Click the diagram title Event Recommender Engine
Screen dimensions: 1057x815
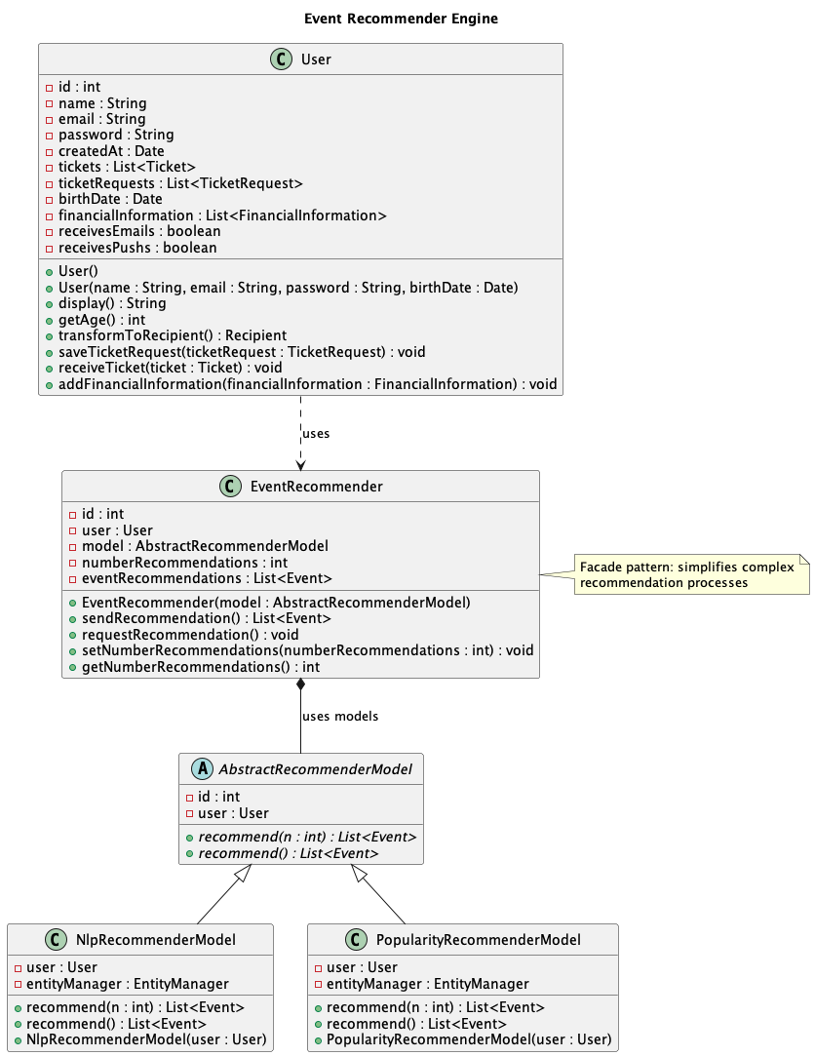pyautogui.click(x=401, y=19)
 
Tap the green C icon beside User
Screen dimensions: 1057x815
pyautogui.click(x=284, y=59)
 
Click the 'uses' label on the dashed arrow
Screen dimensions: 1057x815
pyautogui.click(x=316, y=433)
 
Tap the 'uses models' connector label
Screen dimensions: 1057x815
pyautogui.click(x=340, y=716)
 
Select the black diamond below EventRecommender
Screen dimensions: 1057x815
pyautogui.click(x=300, y=686)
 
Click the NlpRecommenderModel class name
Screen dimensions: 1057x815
pyautogui.click(x=155, y=940)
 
